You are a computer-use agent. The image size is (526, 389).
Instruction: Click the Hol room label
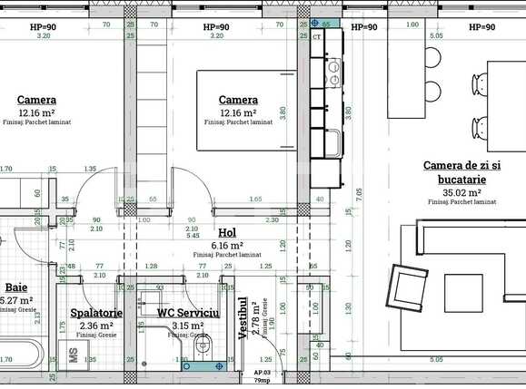[227, 232]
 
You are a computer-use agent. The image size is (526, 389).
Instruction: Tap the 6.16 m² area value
[227, 245]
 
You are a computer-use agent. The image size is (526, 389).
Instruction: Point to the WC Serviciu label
[188, 312]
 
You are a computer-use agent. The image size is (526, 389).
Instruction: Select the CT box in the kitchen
[317, 38]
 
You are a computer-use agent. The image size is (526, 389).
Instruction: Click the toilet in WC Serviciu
[202, 346]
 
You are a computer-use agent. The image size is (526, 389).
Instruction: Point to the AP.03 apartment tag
[262, 372]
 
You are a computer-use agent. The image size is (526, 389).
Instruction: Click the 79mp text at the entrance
[262, 380]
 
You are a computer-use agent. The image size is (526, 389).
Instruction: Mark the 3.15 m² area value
[188, 326]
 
